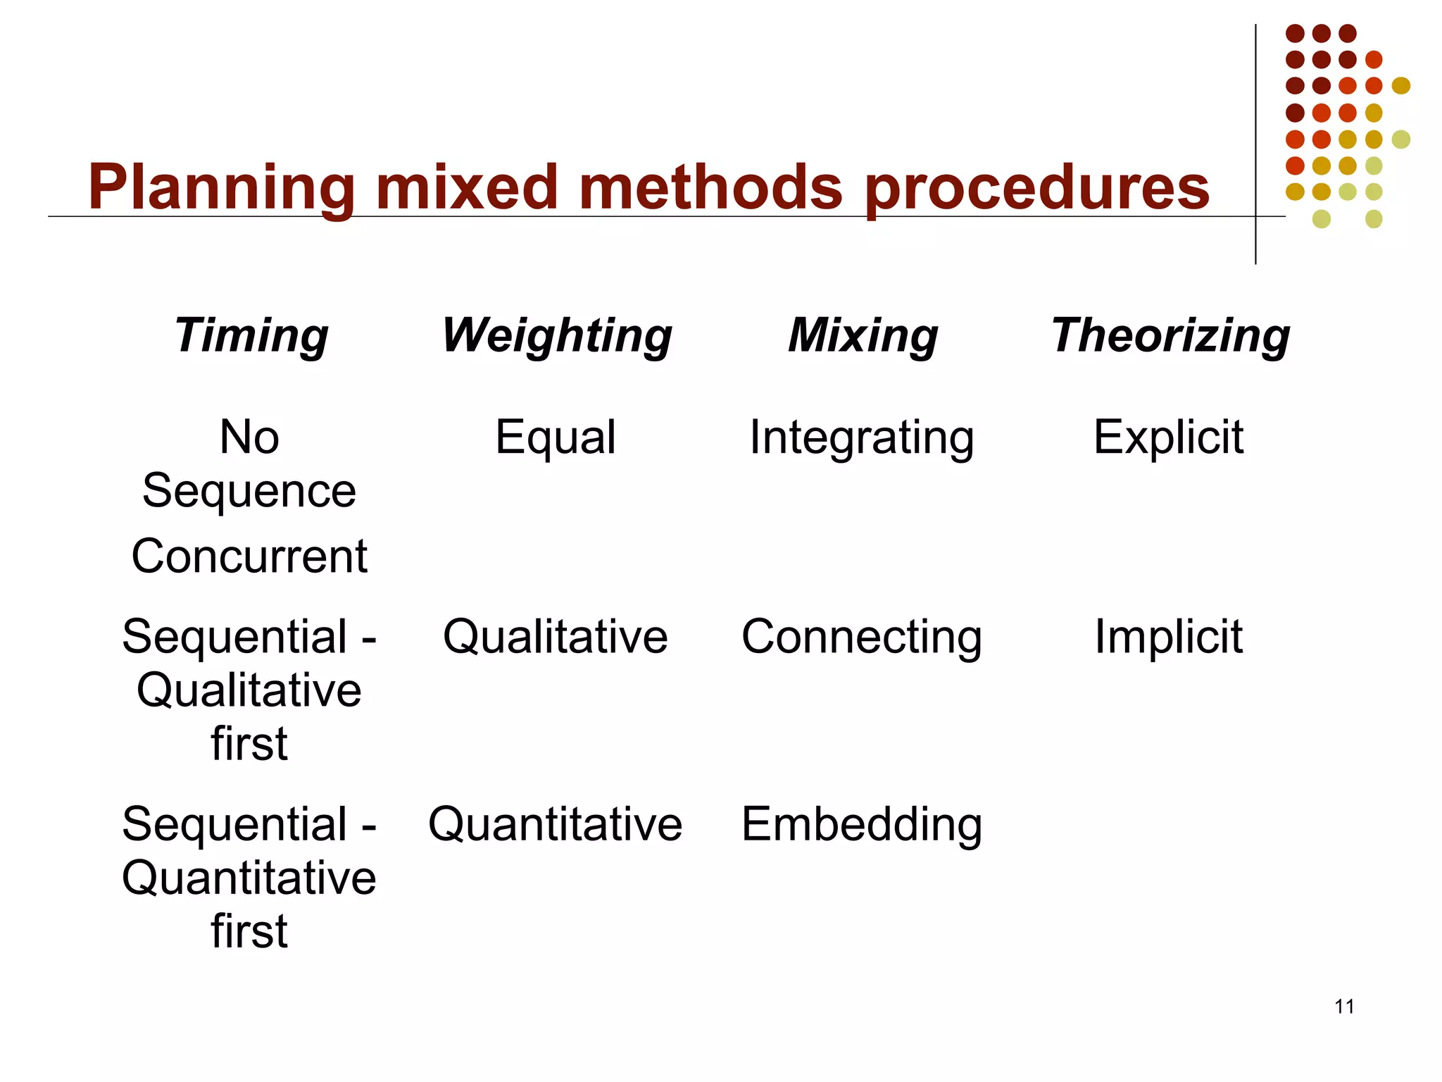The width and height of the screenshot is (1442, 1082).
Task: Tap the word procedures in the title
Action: (1036, 187)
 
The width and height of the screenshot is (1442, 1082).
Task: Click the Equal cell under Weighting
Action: (556, 437)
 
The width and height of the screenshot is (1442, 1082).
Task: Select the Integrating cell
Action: (862, 438)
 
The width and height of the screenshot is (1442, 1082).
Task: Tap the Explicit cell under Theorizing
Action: (1169, 437)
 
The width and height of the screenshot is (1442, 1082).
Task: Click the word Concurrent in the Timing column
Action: (249, 556)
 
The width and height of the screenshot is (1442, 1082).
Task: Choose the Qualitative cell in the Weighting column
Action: (556, 636)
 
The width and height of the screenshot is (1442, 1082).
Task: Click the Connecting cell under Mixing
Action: (862, 638)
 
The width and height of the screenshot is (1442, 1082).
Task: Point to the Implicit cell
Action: (1169, 636)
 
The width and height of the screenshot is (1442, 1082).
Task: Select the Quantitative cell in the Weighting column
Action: (556, 824)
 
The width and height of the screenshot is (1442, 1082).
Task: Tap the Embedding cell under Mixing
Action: (862, 824)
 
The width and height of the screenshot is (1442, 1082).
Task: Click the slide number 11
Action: (1344, 1007)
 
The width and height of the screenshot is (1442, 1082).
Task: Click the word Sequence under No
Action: (249, 491)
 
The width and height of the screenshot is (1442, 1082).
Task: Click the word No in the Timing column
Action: (249, 437)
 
